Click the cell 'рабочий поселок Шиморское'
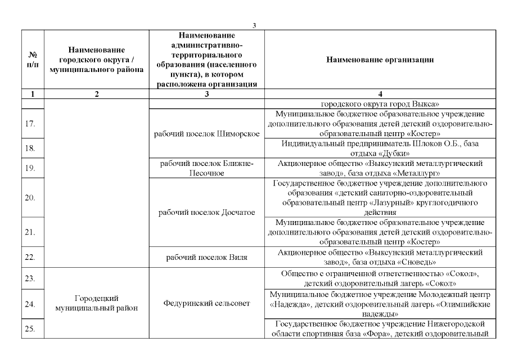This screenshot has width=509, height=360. point(206,134)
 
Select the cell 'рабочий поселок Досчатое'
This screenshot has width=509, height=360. point(206,213)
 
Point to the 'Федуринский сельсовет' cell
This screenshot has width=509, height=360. point(206,304)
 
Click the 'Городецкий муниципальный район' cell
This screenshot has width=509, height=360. point(96,304)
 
